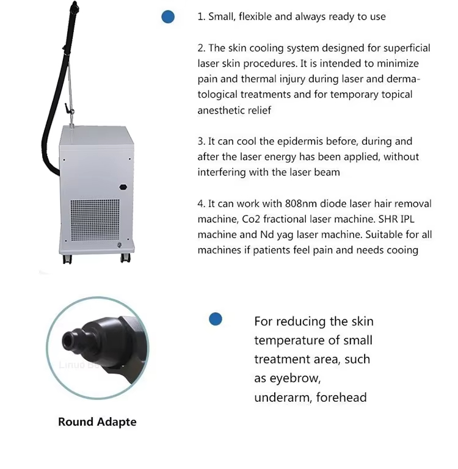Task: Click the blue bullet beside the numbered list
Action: point(168,17)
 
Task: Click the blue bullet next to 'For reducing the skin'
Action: point(216,319)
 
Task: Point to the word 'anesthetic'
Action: point(223,111)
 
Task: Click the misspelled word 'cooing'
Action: point(402,250)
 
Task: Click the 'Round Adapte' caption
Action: point(97,422)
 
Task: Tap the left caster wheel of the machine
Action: point(67,259)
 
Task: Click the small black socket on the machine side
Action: point(123,187)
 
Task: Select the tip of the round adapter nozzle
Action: point(69,337)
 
